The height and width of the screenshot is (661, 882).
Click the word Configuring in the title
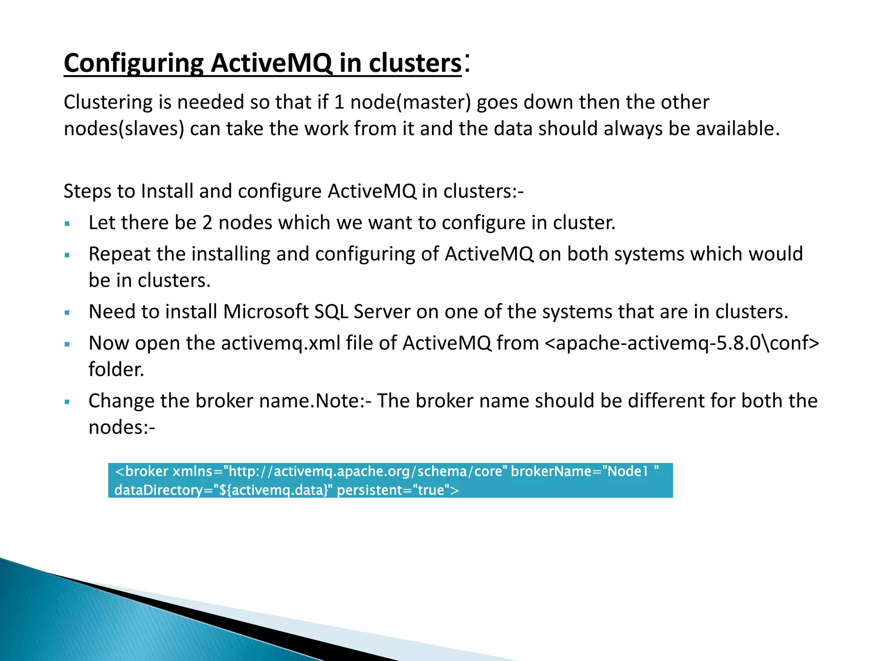pos(134,64)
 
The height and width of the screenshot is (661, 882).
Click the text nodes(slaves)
pos(124,129)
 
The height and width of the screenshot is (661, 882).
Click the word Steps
pos(87,191)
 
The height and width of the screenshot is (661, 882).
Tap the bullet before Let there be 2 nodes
pos(67,224)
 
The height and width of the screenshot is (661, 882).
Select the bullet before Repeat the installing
pos(67,255)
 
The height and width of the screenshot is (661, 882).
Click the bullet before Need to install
pos(67,313)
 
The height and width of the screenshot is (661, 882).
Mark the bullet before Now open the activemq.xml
pos(67,344)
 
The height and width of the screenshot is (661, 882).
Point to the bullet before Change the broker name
pos(67,402)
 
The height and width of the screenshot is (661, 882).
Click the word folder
pos(116,370)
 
